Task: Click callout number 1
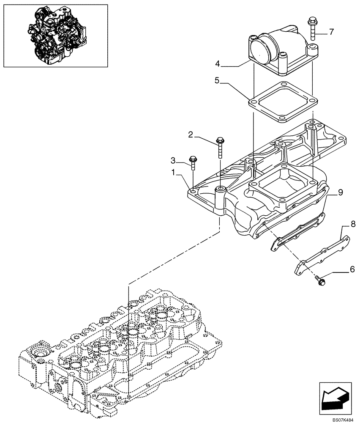(173, 173)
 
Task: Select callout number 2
(191, 135)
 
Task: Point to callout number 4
(218, 64)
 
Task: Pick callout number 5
(216, 80)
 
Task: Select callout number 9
(340, 192)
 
